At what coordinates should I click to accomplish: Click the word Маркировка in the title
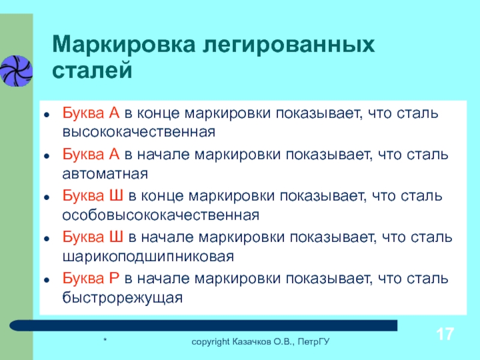coord(124,44)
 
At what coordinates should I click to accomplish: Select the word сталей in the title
coord(92,70)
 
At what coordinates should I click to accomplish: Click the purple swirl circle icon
coord(16,70)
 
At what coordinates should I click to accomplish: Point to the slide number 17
coord(445,334)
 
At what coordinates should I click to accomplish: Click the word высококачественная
coord(139,132)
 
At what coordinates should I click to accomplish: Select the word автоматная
coord(106,174)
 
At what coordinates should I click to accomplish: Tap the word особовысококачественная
coord(161,215)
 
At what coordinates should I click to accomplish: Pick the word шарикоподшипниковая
coord(148,257)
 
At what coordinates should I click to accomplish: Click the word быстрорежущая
coord(122,298)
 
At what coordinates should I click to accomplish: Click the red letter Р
coord(113,278)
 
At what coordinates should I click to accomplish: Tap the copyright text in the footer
coord(260,341)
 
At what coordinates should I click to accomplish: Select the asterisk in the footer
coord(105,340)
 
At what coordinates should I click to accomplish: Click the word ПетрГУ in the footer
coord(314,341)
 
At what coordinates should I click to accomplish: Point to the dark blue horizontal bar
coord(203,325)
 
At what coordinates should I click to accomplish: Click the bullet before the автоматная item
coord(47,156)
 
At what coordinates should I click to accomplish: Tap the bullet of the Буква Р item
coord(47,280)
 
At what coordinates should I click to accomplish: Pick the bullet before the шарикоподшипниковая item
coord(47,238)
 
